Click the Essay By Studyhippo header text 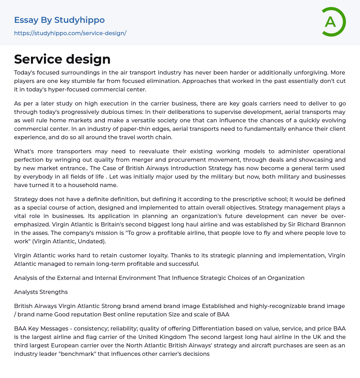point(59,20)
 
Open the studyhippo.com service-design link point(70,33)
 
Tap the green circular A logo point(331,22)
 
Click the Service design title point(62,59)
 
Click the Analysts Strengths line point(41,292)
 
